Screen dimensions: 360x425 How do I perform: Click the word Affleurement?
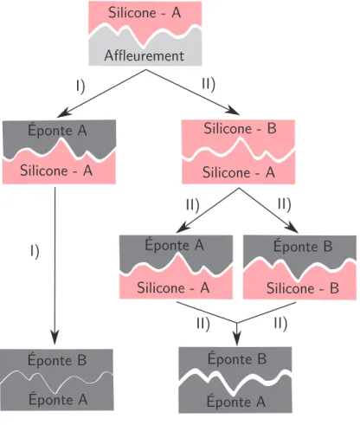[x=145, y=55]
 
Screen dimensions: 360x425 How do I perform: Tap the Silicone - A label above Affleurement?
[x=145, y=13]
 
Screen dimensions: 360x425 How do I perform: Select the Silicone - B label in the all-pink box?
[x=240, y=128]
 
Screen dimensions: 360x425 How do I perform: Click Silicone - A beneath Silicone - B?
[x=239, y=172]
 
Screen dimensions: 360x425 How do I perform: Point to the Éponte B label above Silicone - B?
[x=303, y=246]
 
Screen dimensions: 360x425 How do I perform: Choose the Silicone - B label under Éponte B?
[x=303, y=288]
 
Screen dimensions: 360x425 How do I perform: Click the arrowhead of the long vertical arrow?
[x=55, y=338]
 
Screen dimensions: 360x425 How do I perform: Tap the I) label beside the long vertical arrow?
[x=35, y=251]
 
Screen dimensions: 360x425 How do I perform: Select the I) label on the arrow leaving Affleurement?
[x=80, y=87]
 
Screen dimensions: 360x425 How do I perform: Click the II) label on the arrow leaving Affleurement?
[x=209, y=84]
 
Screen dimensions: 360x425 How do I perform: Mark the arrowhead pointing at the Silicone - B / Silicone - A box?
[x=234, y=111]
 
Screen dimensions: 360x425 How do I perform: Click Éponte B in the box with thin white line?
[x=57, y=359]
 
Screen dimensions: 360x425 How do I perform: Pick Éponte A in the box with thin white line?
[x=58, y=399]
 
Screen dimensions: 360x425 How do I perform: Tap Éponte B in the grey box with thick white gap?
[x=237, y=358]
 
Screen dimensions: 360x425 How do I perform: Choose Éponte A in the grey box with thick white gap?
[x=236, y=401]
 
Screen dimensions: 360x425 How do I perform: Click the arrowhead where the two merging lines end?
[x=237, y=339]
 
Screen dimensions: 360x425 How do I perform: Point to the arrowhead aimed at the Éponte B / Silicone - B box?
[x=292, y=228]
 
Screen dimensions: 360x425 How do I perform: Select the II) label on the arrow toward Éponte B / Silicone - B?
[x=285, y=204]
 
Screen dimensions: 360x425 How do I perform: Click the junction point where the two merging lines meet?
[x=237, y=323]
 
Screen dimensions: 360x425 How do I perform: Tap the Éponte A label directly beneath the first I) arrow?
[x=57, y=130]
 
